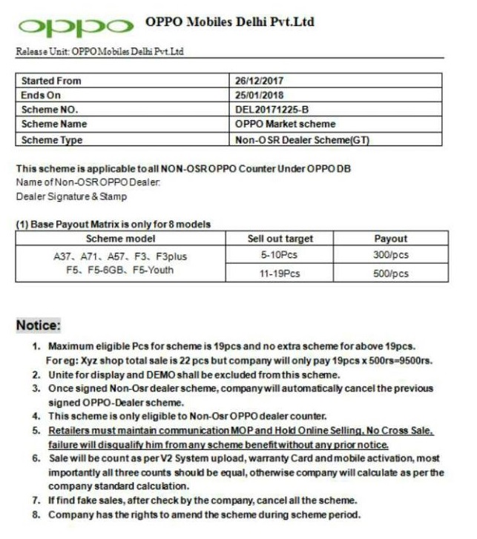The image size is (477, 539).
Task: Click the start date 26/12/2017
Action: [x=259, y=80]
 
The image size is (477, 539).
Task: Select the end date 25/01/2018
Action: [x=259, y=95]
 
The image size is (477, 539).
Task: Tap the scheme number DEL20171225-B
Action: [x=270, y=110]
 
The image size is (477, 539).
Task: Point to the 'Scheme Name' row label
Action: [x=53, y=124]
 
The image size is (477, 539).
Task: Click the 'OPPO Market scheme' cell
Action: [x=285, y=124]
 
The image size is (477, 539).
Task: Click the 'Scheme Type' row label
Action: [x=51, y=139]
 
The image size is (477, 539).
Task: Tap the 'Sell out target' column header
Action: [x=280, y=239]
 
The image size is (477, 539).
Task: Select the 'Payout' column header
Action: [x=390, y=239]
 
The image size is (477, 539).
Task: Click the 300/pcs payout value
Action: [x=390, y=255]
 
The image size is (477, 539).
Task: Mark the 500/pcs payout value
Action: [x=390, y=274]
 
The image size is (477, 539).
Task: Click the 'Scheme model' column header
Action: [x=120, y=239]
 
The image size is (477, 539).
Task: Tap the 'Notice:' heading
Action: [x=39, y=325]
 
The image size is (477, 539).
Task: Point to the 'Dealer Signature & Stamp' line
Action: [x=71, y=196]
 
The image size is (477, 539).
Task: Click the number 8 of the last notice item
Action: [x=35, y=515]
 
